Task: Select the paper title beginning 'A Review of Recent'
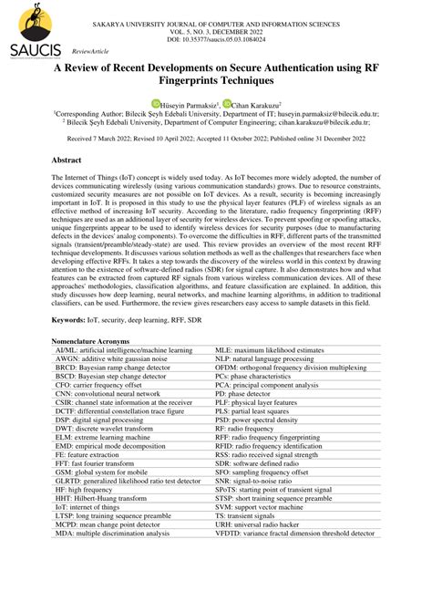[x=215, y=75]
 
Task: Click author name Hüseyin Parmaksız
[x=190, y=105]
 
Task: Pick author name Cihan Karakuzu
[x=256, y=105]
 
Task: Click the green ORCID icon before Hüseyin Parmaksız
[x=156, y=104]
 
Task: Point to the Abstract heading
[x=71, y=160]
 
